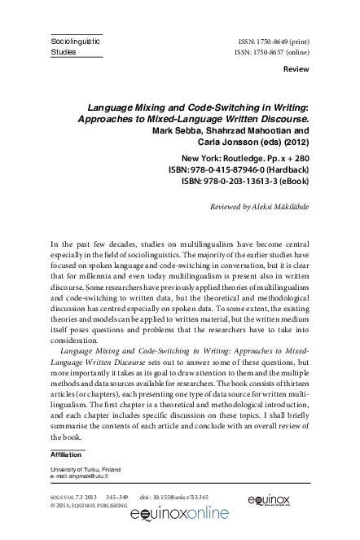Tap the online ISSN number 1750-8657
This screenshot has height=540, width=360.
[286, 50]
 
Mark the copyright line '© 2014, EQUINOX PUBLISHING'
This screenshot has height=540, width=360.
[89, 505]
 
